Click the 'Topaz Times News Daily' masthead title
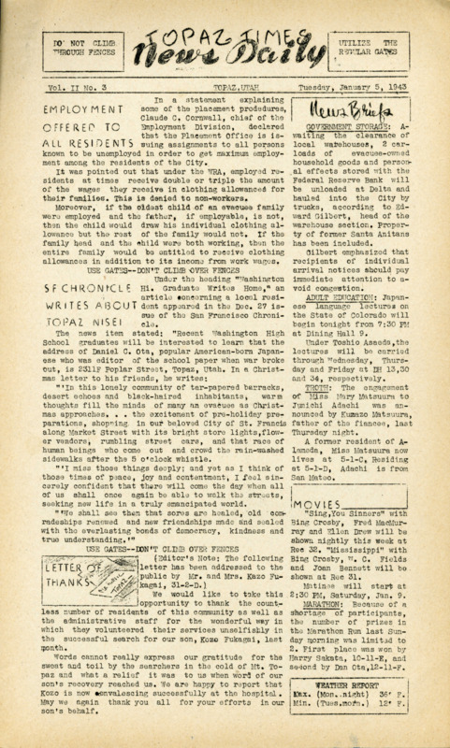pyautogui.click(x=225, y=55)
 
